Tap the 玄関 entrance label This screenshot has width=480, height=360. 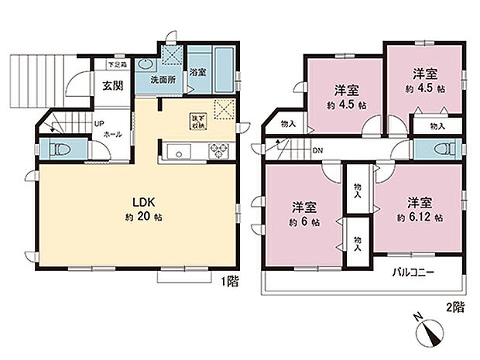[x=109, y=86]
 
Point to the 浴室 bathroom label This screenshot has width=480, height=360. [x=197, y=73]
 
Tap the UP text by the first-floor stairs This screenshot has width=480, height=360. [x=99, y=123]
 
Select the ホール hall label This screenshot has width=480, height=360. [x=101, y=133]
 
